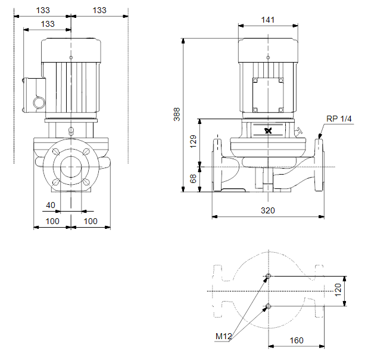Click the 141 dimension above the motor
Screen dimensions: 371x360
click(x=268, y=20)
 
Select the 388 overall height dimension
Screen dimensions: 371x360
click(x=177, y=114)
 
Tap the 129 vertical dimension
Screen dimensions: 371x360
click(x=194, y=141)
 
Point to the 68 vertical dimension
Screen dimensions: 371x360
click(x=194, y=179)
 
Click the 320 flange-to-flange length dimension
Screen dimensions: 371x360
click(x=268, y=210)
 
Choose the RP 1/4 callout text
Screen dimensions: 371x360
click(x=339, y=119)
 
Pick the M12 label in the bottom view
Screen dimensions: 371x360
click(x=223, y=336)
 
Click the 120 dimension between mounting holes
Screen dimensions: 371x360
click(x=338, y=290)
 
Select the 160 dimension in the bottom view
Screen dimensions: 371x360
click(x=297, y=340)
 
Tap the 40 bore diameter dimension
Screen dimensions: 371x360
click(x=51, y=205)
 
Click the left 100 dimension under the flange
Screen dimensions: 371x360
click(x=52, y=221)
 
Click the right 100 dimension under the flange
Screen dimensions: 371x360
click(x=91, y=221)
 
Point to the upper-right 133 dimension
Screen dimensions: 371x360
click(x=99, y=10)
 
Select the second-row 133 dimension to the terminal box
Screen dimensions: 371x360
click(x=48, y=24)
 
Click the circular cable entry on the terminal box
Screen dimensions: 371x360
click(x=39, y=103)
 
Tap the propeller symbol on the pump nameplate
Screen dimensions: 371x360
click(x=268, y=131)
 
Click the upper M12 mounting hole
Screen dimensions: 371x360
click(x=268, y=276)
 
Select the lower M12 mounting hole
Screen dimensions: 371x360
click(x=268, y=306)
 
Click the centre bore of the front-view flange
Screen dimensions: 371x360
click(x=71, y=167)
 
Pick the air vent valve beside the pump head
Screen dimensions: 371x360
click(x=298, y=132)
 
